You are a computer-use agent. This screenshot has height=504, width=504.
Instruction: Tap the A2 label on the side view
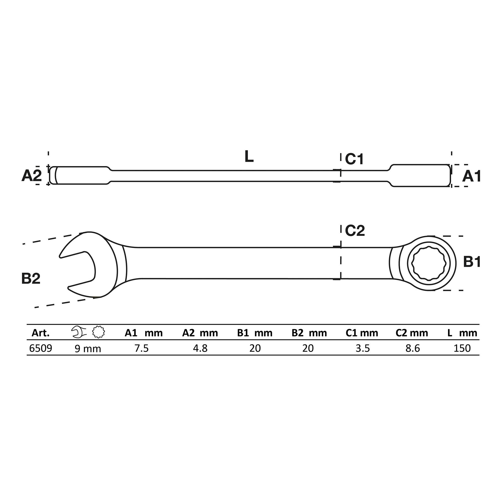tap(31, 176)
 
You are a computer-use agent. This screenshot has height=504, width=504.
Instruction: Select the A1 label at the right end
tap(471, 177)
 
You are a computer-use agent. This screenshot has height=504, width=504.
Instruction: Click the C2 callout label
tap(355, 231)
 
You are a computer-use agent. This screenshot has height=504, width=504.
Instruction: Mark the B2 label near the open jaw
tap(31, 278)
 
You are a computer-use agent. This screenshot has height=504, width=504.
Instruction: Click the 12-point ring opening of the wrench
tap(428, 264)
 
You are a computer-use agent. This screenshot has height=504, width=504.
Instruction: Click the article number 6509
tap(40, 348)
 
